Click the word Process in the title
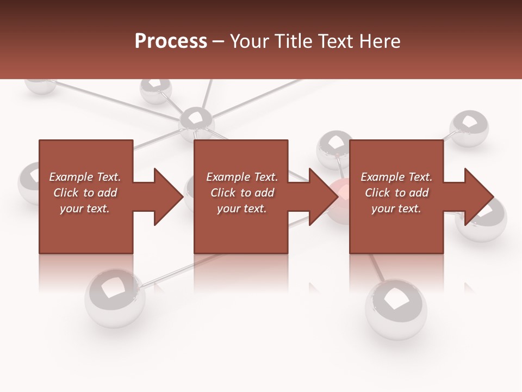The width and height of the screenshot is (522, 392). point(171,41)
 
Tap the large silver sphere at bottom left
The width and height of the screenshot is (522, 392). point(115,297)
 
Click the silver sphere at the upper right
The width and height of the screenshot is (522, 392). point(469,128)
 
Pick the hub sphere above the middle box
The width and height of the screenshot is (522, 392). point(196,121)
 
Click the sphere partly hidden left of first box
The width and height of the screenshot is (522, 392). point(28,182)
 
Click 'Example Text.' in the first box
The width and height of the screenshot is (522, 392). point(85,177)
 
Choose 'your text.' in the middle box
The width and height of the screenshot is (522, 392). point(241,209)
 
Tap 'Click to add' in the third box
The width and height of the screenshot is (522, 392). point(396,193)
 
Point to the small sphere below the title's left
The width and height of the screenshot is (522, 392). point(156,90)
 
